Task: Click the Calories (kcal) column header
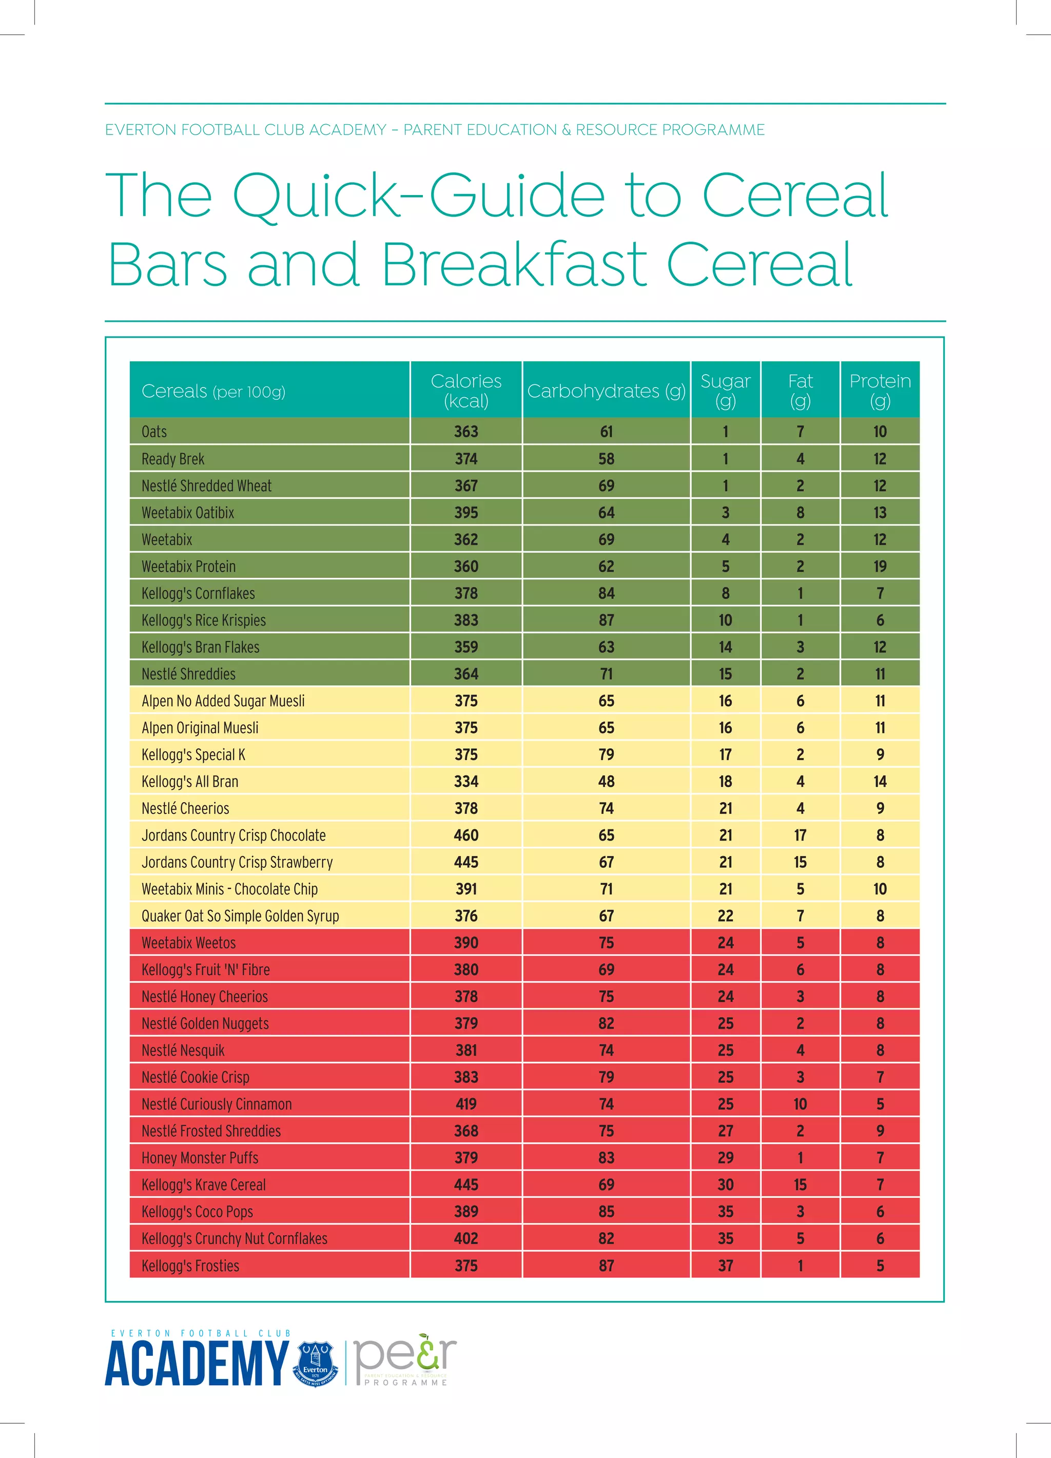click(x=466, y=390)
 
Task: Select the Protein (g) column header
click(x=880, y=390)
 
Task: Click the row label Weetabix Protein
click(x=188, y=567)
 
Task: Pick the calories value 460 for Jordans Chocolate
click(x=466, y=835)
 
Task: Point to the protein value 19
click(x=880, y=567)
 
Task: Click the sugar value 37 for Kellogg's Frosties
click(x=725, y=1265)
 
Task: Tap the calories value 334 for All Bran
click(x=466, y=781)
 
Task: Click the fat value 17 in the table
click(x=800, y=835)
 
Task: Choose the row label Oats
click(x=154, y=432)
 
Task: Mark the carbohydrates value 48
click(x=606, y=781)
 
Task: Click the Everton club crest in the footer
click(x=315, y=1364)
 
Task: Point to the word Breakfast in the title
click(x=514, y=264)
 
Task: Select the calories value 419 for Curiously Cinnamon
click(x=466, y=1104)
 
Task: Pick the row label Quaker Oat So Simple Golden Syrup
click(x=240, y=916)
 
